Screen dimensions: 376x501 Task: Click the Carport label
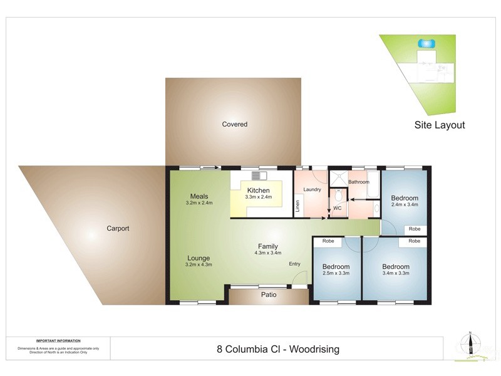coord(118,229)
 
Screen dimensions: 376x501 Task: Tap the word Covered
coord(235,125)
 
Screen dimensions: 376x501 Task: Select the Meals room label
coord(199,196)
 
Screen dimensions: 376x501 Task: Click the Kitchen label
coord(258,191)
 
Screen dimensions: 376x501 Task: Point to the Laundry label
coord(311,189)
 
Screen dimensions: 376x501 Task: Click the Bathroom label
coord(359,182)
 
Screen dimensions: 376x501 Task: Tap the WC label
coord(337,207)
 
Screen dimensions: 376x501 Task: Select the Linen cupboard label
coord(298,205)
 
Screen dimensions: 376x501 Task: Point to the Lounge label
coord(199,258)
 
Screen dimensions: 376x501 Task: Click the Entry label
coord(294,264)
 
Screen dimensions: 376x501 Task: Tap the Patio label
coord(269,295)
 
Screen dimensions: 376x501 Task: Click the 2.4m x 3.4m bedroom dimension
coord(405,204)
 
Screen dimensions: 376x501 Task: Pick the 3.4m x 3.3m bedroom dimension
coord(395,274)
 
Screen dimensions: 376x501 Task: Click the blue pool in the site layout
coord(427,43)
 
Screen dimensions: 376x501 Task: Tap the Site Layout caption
coord(440,125)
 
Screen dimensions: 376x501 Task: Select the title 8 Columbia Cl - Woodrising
coord(278,349)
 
